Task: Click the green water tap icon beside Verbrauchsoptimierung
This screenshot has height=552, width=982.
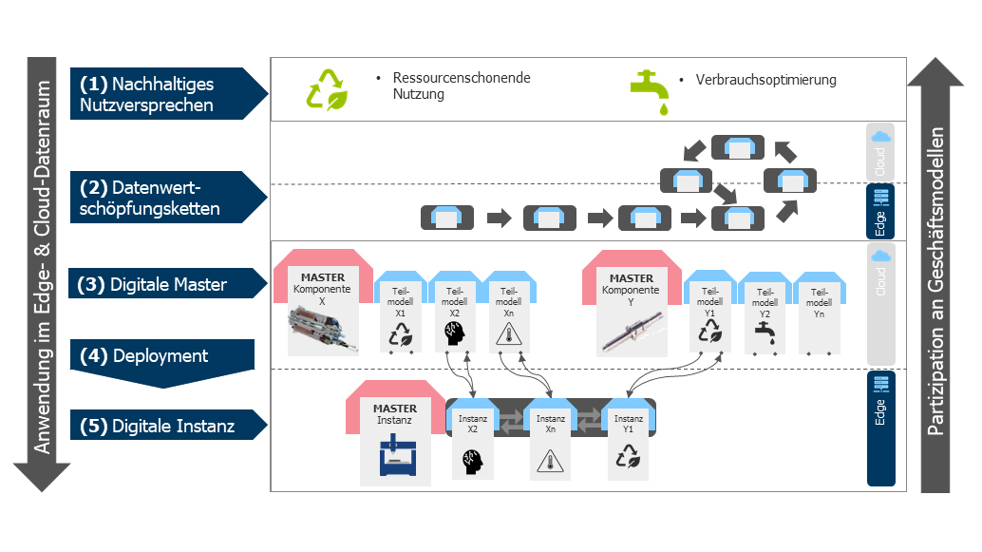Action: coord(650,92)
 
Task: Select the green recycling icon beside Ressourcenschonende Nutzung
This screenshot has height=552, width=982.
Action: coord(327,89)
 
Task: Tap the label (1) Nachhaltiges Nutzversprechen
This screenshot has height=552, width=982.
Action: coord(146,94)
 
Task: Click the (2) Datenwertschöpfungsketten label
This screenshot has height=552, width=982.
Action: coord(149,198)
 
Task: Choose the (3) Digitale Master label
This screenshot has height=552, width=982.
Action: coord(152,284)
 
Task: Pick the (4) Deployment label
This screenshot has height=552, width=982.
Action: coord(144,356)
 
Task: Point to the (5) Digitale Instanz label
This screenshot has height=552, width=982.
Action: coord(158,426)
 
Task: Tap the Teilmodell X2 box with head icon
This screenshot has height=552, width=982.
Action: coord(455,312)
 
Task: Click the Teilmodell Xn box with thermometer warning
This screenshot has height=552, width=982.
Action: coord(509,312)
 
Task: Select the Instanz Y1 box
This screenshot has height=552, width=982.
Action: coord(628,439)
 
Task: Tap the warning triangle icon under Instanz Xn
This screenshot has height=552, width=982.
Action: coord(551,461)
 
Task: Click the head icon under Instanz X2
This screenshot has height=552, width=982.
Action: coord(473,462)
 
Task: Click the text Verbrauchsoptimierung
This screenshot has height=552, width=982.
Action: coord(765,80)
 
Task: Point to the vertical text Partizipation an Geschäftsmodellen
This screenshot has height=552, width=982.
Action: coord(935,281)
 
